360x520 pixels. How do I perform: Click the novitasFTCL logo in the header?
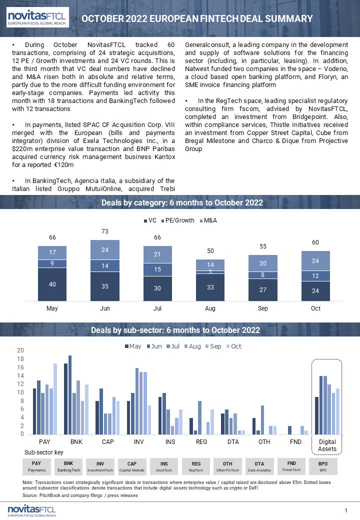[x=37, y=17]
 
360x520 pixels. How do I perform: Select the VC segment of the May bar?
[x=52, y=284]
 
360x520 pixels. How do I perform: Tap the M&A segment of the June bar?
[x=105, y=249]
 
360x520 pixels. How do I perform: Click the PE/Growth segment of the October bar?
[x=315, y=276]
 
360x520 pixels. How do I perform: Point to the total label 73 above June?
[x=105, y=231]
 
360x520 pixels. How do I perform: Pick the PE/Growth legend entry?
[x=177, y=220]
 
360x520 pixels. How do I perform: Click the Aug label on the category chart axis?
[x=210, y=308]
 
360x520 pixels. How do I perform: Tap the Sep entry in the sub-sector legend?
[x=213, y=346]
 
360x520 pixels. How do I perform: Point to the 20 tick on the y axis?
[x=20, y=350]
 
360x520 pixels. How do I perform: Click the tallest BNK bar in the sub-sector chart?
[x=70, y=395]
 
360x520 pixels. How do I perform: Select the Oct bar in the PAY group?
[x=55, y=399]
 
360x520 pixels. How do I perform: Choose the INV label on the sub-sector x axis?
[x=139, y=441]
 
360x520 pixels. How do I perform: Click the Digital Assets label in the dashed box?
[x=327, y=445]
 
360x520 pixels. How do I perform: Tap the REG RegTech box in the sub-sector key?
[x=196, y=466]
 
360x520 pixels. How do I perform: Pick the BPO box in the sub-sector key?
[x=323, y=466]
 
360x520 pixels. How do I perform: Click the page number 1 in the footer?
[x=345, y=510]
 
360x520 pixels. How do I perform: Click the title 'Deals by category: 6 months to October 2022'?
[x=182, y=202]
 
